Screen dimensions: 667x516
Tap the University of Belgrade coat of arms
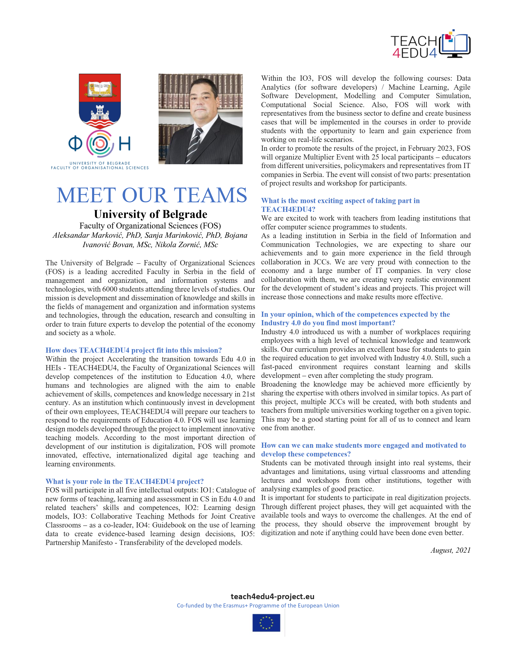click(x=100, y=101)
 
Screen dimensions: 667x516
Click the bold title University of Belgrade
click(x=151, y=214)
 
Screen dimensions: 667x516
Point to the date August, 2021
click(x=450, y=550)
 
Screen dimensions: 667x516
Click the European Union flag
click(x=266, y=623)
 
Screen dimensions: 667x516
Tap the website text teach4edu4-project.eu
click(x=272, y=596)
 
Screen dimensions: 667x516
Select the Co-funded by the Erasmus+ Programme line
click(x=258, y=606)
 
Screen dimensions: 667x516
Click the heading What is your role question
click(x=125, y=482)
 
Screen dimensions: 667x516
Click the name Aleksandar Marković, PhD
click(x=97, y=235)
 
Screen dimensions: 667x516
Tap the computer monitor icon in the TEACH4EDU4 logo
click(x=456, y=46)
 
